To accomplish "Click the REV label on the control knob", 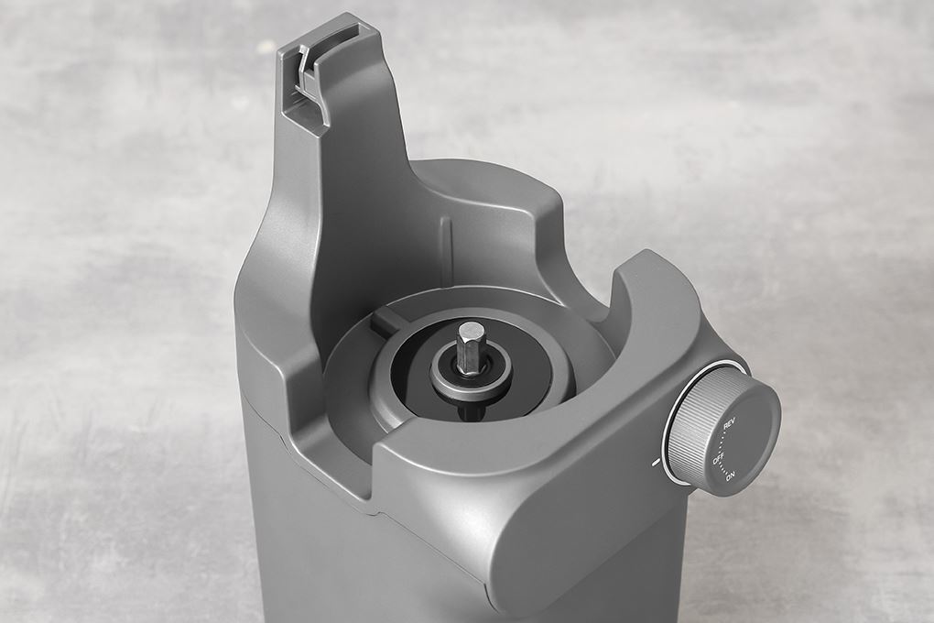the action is click(x=729, y=425).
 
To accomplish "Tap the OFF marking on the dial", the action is click(x=719, y=459).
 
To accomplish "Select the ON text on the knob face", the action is click(x=731, y=475).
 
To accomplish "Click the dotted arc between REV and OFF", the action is click(x=723, y=441).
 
